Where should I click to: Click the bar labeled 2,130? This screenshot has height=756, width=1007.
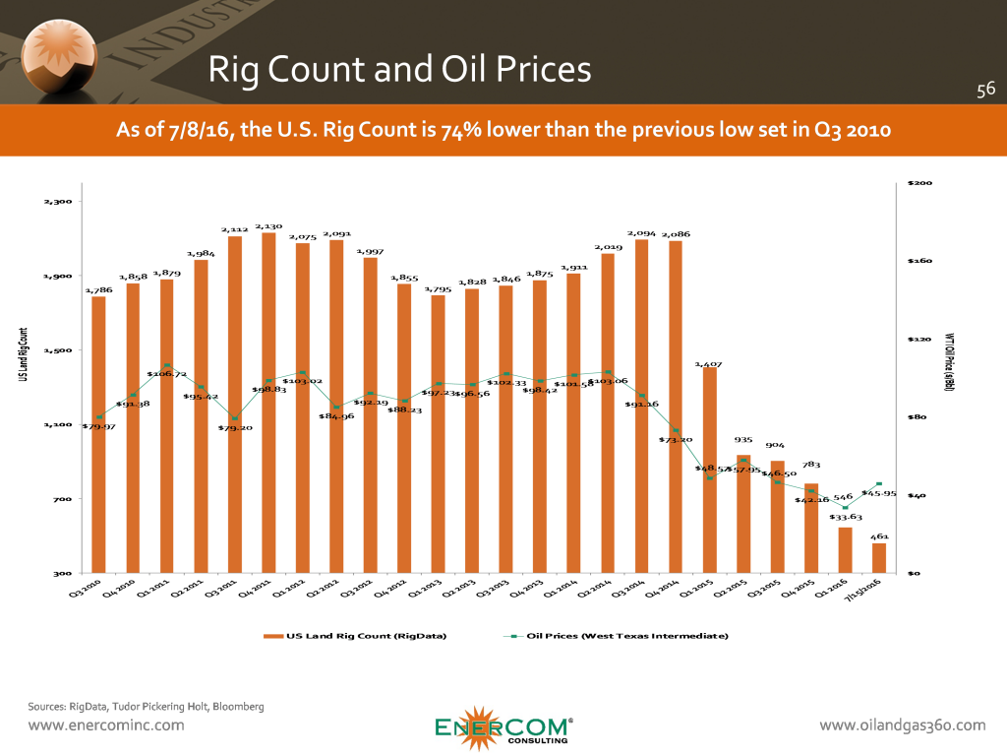[268, 403]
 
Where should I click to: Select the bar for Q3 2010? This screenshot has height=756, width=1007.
[98, 434]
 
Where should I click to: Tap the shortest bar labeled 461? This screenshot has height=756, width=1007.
[879, 558]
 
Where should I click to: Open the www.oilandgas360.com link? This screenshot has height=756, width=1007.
[902, 725]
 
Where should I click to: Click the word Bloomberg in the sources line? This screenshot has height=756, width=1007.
[233, 706]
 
